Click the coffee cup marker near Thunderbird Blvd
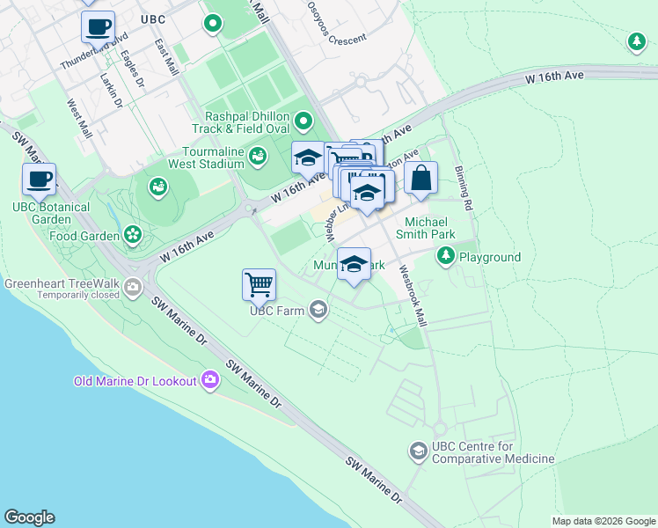[x=98, y=26]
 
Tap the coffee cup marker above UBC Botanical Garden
[x=39, y=180]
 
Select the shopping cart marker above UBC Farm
[x=259, y=284]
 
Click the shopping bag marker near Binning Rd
[x=421, y=178]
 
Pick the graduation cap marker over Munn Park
[x=354, y=265]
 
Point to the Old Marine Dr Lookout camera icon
[x=209, y=380]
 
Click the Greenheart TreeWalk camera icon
[x=133, y=285]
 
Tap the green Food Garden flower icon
[x=132, y=234]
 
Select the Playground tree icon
[x=446, y=256]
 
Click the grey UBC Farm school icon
[x=318, y=309]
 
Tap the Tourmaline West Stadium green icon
[x=258, y=157]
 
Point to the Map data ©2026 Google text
[x=603, y=521]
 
